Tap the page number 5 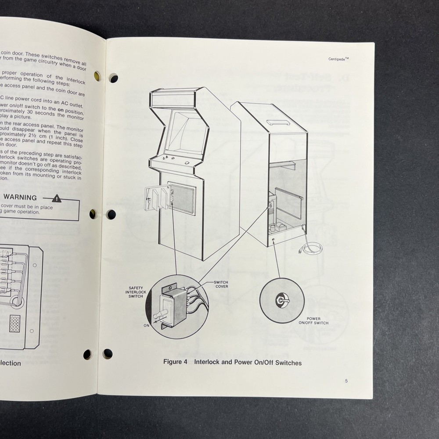(346, 381)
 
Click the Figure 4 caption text (232, 363)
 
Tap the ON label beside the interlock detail (146, 326)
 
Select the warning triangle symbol (57, 198)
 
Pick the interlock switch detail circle (176, 306)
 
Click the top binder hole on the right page (113, 79)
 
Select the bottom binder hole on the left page (87, 354)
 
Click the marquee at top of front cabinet (173, 99)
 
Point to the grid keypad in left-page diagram (15, 324)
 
